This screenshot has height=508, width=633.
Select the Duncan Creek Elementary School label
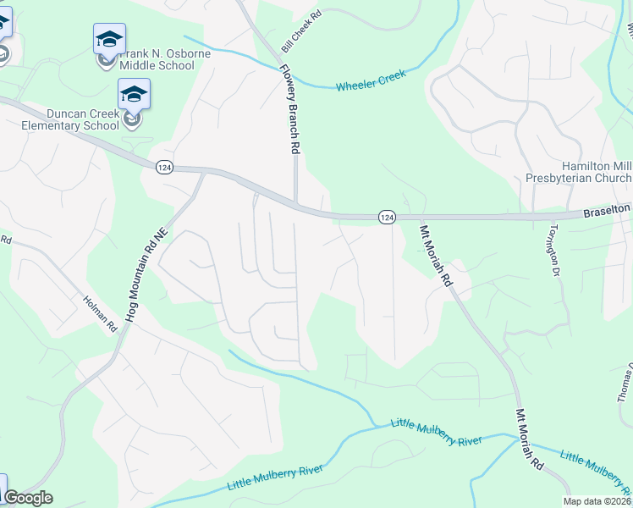[x=70, y=119]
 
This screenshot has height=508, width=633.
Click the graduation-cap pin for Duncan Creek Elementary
[x=134, y=94]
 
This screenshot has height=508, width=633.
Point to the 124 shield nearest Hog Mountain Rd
[x=164, y=168]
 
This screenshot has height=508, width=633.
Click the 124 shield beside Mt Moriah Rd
[x=386, y=218]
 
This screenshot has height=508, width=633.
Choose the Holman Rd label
[x=100, y=312]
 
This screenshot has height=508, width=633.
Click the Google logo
[x=27, y=498]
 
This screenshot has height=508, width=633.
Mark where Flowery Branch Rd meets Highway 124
[x=295, y=203]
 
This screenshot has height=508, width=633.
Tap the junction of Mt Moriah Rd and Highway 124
[x=416, y=218]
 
